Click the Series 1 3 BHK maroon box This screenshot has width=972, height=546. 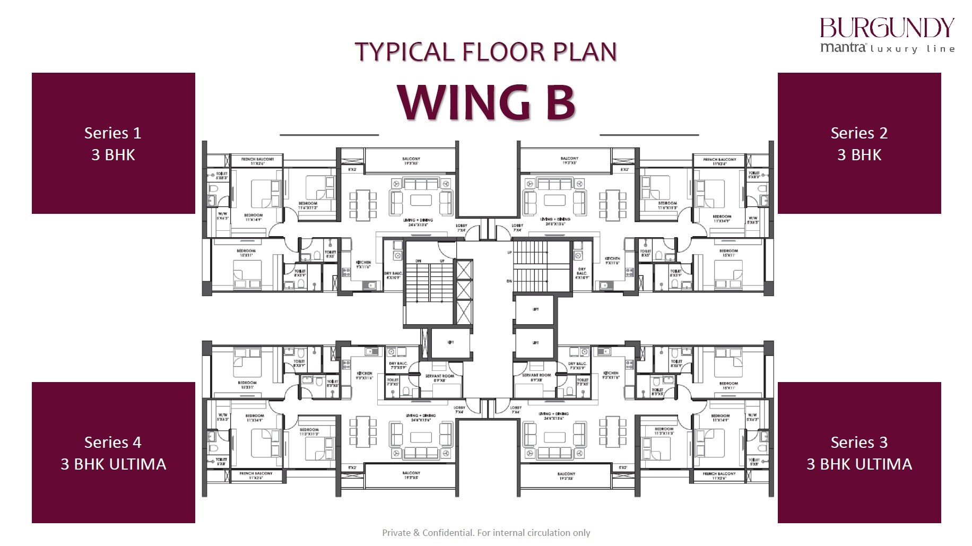(x=113, y=143)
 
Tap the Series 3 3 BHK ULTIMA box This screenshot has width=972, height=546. (x=859, y=453)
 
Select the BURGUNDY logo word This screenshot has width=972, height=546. (x=887, y=28)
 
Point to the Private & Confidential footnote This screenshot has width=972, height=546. (x=486, y=533)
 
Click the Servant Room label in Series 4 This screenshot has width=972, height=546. (x=439, y=377)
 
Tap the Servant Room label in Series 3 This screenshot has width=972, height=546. (x=536, y=377)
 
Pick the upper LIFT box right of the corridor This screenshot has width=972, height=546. (x=535, y=309)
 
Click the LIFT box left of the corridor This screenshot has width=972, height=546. (x=450, y=343)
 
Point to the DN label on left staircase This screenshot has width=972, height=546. (x=419, y=261)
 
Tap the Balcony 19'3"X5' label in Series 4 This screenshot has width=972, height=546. (x=411, y=475)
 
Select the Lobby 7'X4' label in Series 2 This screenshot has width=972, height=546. (x=517, y=228)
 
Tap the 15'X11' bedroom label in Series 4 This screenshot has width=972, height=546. (x=247, y=385)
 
